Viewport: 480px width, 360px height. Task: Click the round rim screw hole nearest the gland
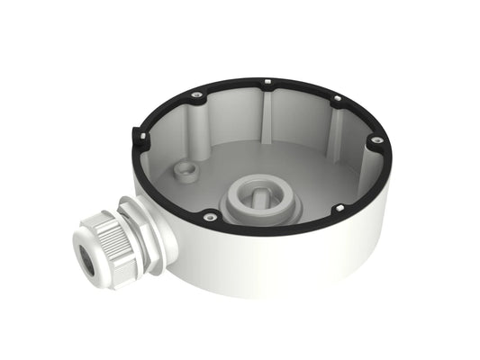tap(209, 216)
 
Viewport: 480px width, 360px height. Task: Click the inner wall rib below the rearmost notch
tap(269, 112)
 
